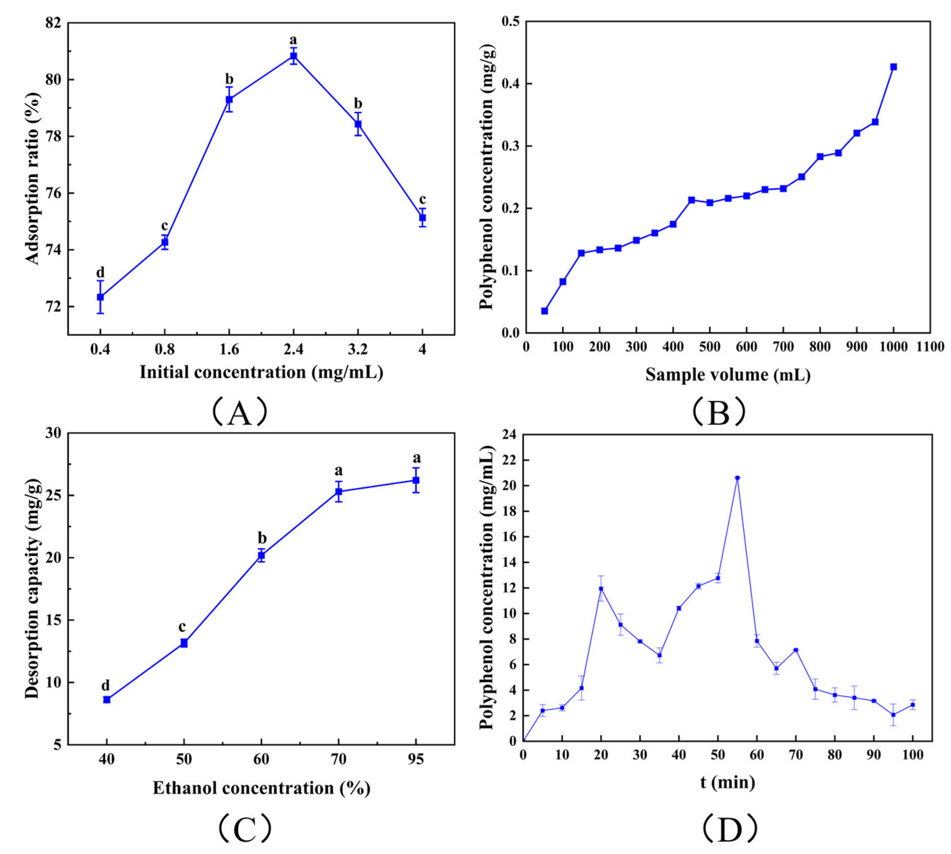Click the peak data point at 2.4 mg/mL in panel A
pyautogui.click(x=294, y=56)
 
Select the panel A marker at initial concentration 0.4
pyautogui.click(x=100, y=297)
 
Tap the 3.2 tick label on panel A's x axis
pyautogui.click(x=358, y=350)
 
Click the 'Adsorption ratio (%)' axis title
pyautogui.click(x=33, y=178)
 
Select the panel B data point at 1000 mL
pyautogui.click(x=893, y=67)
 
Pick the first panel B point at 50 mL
pyautogui.click(x=544, y=311)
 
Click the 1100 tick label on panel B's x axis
pyautogui.click(x=930, y=347)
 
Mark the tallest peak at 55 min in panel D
pyautogui.click(x=737, y=478)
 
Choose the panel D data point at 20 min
pyautogui.click(x=601, y=589)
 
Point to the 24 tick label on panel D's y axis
pyautogui.click(x=510, y=435)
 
